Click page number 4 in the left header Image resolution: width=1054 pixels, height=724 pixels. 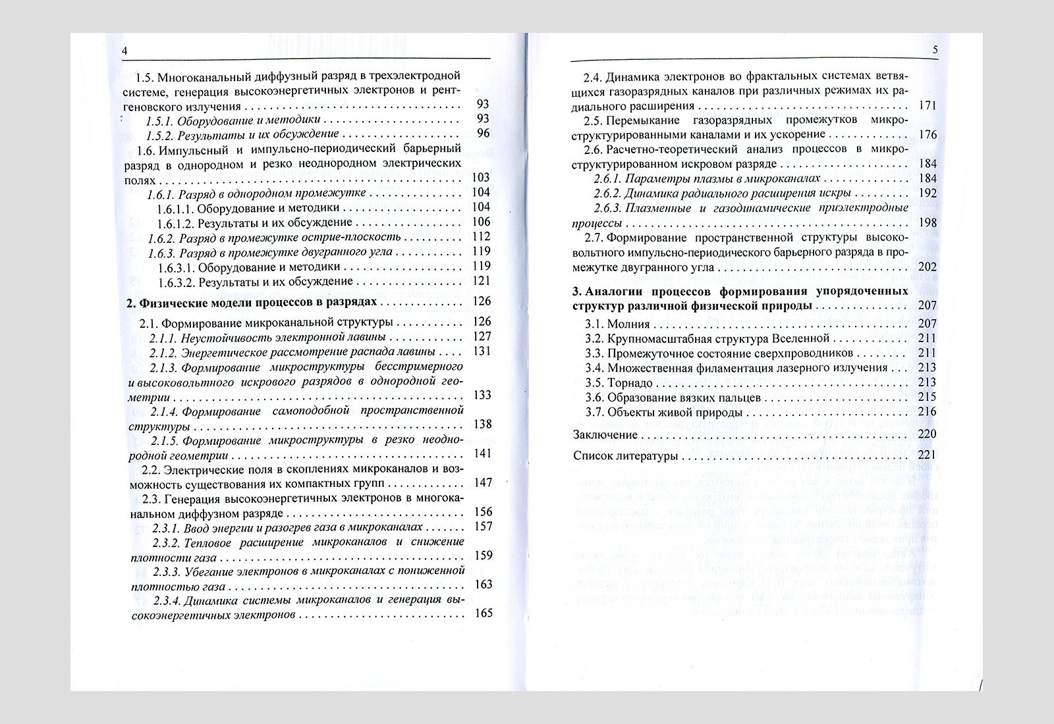click(x=125, y=51)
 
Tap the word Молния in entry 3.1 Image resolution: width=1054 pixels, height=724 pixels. click(x=628, y=324)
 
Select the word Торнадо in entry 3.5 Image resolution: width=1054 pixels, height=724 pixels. click(x=630, y=383)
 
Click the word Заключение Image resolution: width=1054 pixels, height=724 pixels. click(x=605, y=435)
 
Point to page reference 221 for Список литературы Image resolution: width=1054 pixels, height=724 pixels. click(x=927, y=455)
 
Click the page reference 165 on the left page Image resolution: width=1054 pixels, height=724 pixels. click(x=483, y=613)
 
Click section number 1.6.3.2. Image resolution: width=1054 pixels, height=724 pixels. click(x=176, y=282)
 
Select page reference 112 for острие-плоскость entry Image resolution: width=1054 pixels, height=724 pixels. click(x=482, y=237)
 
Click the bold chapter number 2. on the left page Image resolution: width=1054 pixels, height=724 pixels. click(x=130, y=302)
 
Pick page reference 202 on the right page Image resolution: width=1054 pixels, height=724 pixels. click(x=927, y=267)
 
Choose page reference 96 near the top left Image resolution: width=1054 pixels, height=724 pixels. click(x=484, y=134)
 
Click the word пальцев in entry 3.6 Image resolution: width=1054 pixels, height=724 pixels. click(x=741, y=398)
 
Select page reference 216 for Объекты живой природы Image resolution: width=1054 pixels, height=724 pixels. click(x=927, y=412)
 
